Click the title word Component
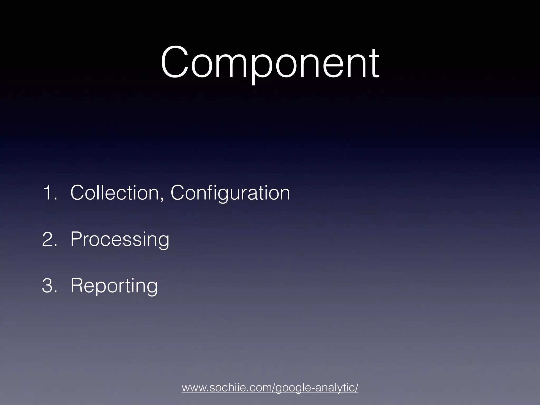coord(270,63)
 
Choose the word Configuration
coord(230,193)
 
